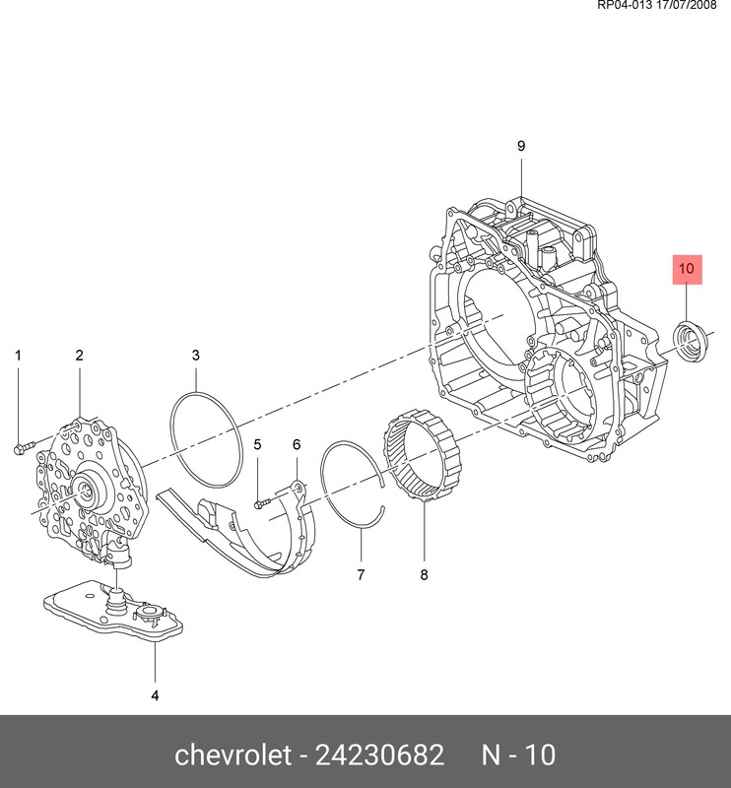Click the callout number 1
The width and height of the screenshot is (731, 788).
[18, 356]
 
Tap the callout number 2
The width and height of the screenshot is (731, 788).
[80, 356]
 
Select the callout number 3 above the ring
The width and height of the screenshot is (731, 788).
[196, 356]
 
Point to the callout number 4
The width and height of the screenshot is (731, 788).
[155, 695]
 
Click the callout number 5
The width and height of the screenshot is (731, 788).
[257, 444]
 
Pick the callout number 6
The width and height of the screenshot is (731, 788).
[297, 444]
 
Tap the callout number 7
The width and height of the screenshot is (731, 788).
[361, 574]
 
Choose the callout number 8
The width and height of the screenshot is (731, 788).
[424, 574]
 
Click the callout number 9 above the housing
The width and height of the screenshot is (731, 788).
[521, 146]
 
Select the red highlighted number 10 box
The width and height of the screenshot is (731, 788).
[688, 269]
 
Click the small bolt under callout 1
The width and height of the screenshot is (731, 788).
[24, 447]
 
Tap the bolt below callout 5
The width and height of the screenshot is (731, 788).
[263, 502]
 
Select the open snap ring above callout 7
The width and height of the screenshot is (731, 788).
[353, 485]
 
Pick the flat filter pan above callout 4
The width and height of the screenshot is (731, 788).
[113, 611]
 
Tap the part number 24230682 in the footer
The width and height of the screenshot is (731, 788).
[379, 755]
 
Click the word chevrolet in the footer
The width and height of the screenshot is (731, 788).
[233, 755]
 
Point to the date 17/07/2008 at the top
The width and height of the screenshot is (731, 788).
[687, 6]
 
